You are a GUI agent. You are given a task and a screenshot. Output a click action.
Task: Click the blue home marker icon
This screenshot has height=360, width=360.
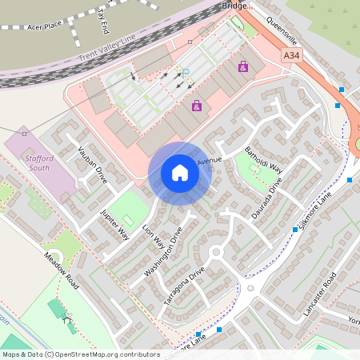pos(180,173)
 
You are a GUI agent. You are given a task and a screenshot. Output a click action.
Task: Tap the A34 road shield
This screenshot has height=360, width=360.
pos(293,55)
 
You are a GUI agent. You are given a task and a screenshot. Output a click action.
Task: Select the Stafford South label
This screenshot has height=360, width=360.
pos(34,163)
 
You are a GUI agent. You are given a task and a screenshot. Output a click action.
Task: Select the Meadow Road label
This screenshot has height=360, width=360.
pos(62,272)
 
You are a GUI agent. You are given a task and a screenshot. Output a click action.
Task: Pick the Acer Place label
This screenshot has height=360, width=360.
pos(44,26)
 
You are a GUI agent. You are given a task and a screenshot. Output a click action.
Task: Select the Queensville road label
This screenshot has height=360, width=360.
pos(282,31)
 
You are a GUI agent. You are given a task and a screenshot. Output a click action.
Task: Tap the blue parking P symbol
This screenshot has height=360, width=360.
pos(185,74)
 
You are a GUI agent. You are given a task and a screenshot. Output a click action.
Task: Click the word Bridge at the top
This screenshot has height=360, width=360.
pos(234,6)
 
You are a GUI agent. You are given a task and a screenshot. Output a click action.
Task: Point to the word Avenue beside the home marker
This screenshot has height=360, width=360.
pos(209,160)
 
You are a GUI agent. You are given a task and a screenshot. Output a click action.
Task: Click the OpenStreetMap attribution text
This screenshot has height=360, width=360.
pos(80,354)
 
